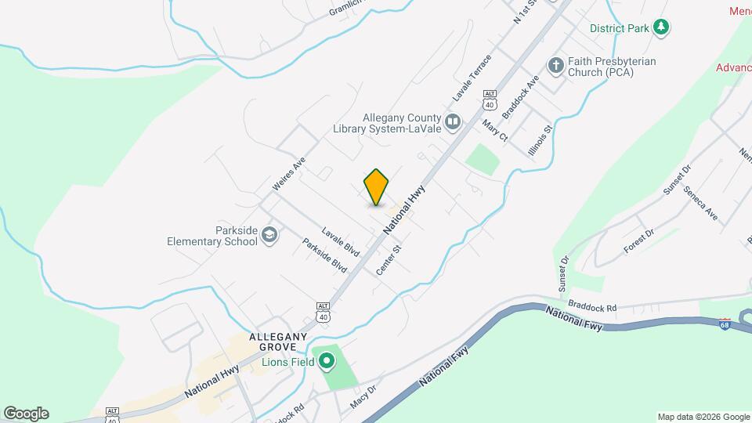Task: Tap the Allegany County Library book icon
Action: (452, 121)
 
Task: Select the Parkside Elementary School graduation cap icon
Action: (269, 235)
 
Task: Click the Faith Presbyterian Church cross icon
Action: (556, 66)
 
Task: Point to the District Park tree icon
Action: (662, 28)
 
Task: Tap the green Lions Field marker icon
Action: (324, 361)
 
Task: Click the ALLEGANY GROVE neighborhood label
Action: (273, 342)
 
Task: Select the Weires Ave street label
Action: (287, 175)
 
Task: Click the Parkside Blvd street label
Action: (325, 255)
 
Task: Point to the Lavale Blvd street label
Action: (340, 242)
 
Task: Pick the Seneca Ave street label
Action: (700, 202)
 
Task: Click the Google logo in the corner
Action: (26, 414)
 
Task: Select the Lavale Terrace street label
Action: (472, 78)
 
